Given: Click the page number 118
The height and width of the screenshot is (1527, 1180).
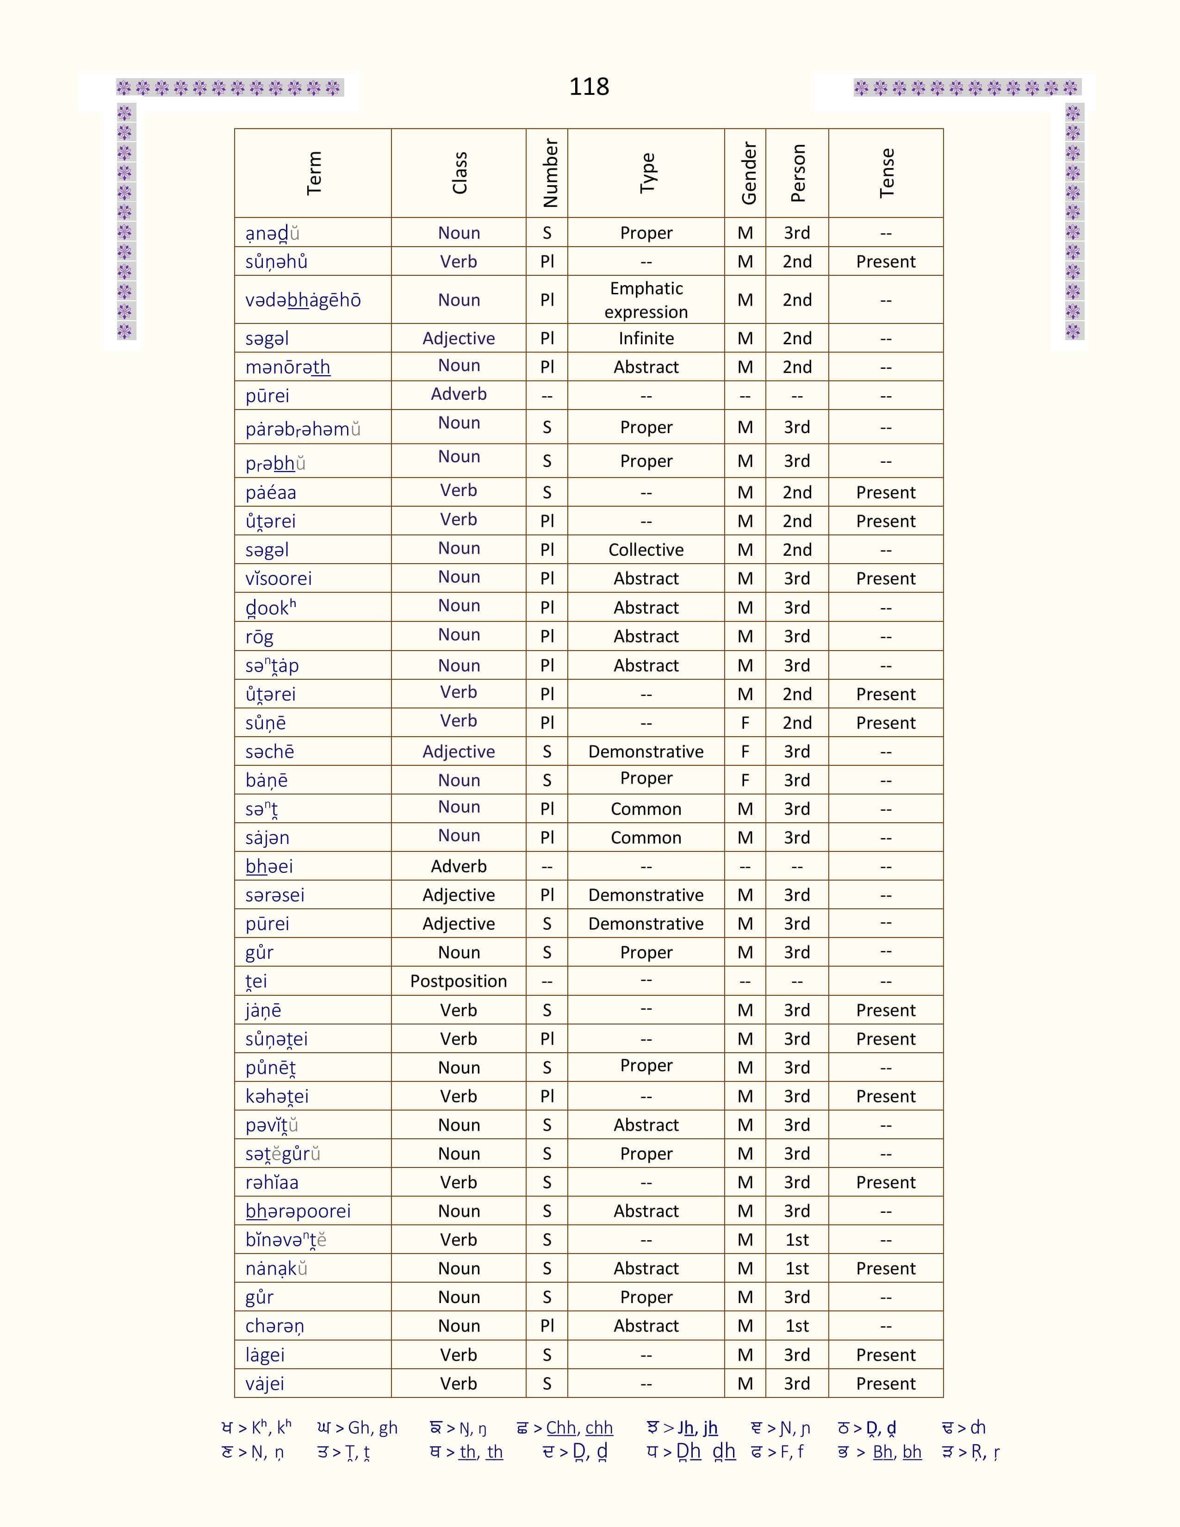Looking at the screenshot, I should pos(589,87).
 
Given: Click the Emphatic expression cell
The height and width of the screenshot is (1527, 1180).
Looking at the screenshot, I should pos(646,300).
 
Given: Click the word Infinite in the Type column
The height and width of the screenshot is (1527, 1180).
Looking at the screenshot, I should pos(646,338).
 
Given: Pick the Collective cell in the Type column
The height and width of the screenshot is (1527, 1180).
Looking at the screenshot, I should pos(646,550).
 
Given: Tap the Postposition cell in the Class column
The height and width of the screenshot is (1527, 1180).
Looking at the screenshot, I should pos(459,981).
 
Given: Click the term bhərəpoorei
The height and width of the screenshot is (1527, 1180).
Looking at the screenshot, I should pos(298,1211).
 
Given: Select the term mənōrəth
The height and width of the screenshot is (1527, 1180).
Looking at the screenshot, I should pos(287,367).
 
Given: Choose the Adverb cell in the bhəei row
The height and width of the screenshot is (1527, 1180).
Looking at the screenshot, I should pos(459,866).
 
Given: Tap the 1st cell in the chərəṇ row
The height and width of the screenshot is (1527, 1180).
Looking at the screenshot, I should pos(797,1326).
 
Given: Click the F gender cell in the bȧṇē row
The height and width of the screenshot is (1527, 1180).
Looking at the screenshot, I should pos(745,780).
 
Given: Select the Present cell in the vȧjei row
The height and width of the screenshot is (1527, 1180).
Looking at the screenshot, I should pos(886,1383).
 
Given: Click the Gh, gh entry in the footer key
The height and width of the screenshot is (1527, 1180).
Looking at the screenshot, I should pos(373,1428).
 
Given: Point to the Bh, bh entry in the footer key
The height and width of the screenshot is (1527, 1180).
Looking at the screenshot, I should pos(897,1452).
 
